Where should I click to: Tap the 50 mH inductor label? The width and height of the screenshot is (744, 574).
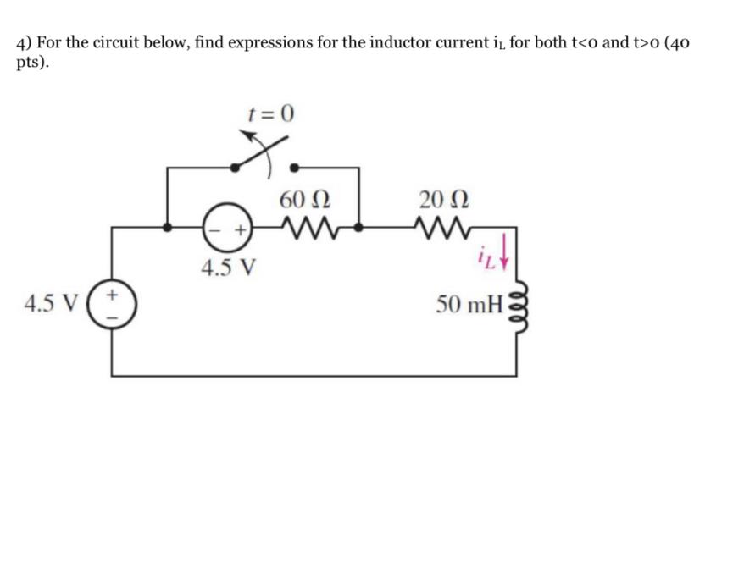(469, 303)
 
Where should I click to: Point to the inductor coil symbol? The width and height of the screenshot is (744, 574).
(518, 301)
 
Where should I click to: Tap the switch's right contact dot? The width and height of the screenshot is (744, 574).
(294, 167)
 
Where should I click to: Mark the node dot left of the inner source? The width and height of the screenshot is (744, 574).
(167, 227)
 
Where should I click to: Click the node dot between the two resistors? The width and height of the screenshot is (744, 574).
(360, 227)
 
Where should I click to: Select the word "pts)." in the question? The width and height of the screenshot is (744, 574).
(32, 64)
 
